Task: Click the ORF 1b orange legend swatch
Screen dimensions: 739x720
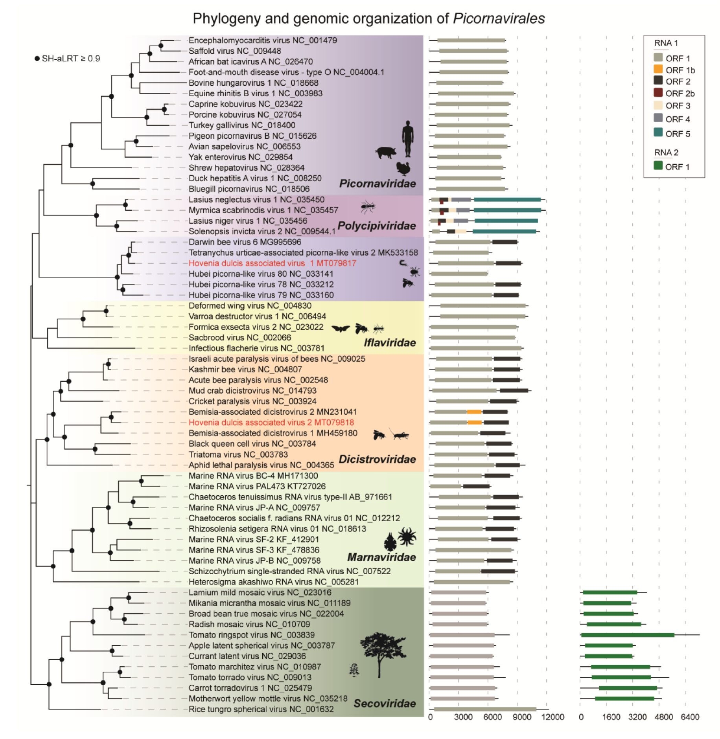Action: pyautogui.click(x=657, y=69)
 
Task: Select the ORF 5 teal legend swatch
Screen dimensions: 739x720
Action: pyautogui.click(x=657, y=132)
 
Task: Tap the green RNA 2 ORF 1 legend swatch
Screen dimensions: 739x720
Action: pyautogui.click(x=657, y=165)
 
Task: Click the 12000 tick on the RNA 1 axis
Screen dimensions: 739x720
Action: pyautogui.click(x=552, y=717)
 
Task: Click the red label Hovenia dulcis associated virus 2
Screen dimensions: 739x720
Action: pyautogui.click(x=271, y=422)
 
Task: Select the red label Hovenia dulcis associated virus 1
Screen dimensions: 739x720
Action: pyautogui.click(x=272, y=263)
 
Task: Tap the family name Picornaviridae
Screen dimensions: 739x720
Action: pyautogui.click(x=377, y=184)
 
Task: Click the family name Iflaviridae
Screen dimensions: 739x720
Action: pyautogui.click(x=389, y=343)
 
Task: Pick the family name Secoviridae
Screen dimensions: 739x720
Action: pyautogui.click(x=384, y=703)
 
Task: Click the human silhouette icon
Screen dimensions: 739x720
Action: pyautogui.click(x=407, y=138)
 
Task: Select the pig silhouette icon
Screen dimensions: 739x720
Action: pyautogui.click(x=385, y=153)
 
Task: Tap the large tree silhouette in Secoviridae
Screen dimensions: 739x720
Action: pyautogui.click(x=381, y=653)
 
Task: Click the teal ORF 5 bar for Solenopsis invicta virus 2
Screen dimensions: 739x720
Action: pyautogui.click(x=504, y=231)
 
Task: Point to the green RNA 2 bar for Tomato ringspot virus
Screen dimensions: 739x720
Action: pyautogui.click(x=627, y=634)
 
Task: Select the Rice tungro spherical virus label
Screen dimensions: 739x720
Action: pyautogui.click(x=261, y=709)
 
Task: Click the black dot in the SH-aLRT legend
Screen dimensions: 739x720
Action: pyautogui.click(x=37, y=59)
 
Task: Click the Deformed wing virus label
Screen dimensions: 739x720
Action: pyautogui.click(x=250, y=305)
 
